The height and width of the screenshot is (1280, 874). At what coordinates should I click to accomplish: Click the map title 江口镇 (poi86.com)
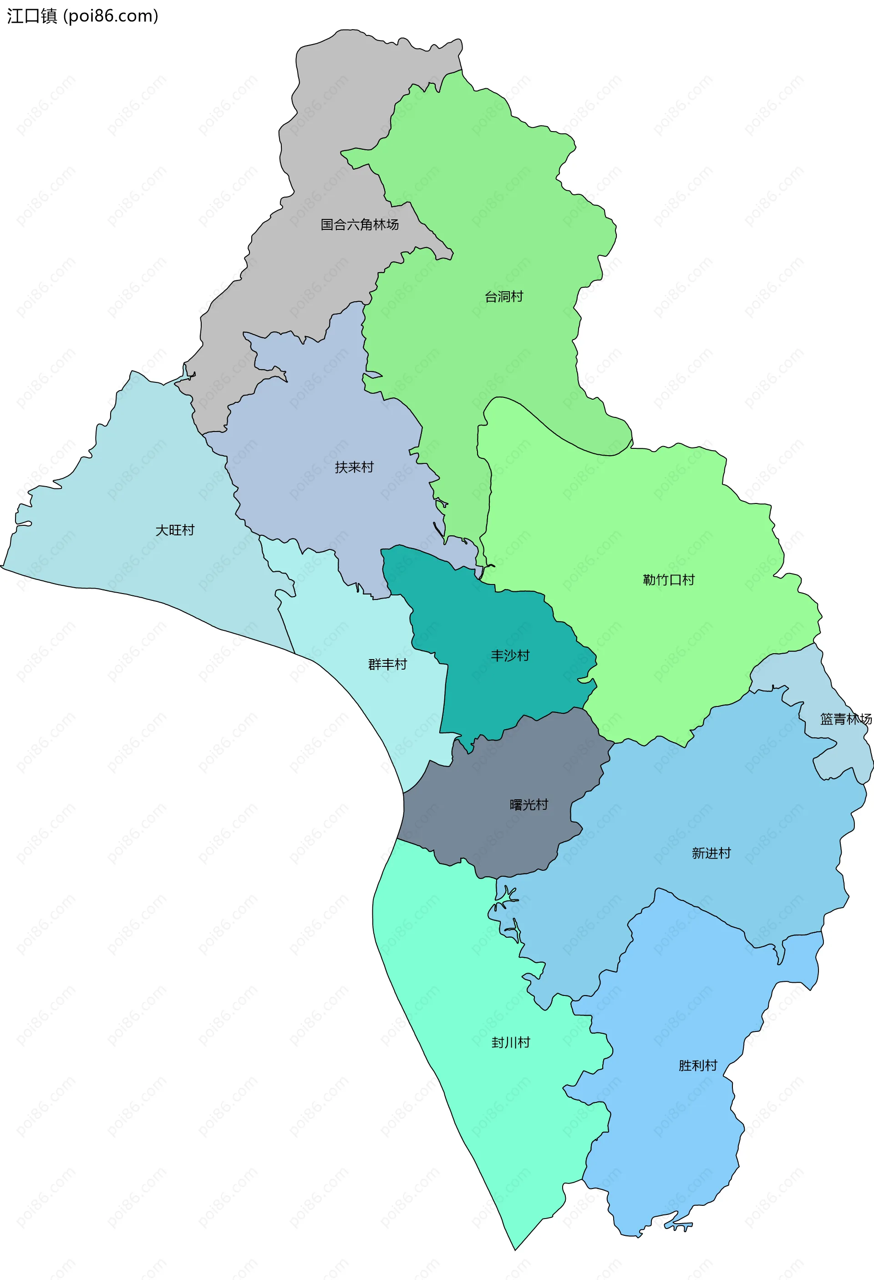pyautogui.click(x=82, y=16)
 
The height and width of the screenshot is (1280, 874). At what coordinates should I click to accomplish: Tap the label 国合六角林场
pyautogui.click(x=360, y=225)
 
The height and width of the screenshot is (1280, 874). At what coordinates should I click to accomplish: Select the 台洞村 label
pyautogui.click(x=503, y=297)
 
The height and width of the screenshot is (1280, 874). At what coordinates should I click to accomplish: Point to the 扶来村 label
pyautogui.click(x=354, y=467)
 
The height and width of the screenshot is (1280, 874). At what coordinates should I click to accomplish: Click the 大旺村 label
pyautogui.click(x=175, y=530)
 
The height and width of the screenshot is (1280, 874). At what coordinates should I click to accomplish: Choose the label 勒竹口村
pyautogui.click(x=669, y=580)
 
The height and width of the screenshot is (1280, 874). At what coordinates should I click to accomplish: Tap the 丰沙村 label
pyautogui.click(x=510, y=656)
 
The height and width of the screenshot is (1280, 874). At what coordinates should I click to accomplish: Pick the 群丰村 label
pyautogui.click(x=387, y=665)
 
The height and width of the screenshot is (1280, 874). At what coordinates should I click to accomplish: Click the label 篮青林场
pyautogui.click(x=845, y=719)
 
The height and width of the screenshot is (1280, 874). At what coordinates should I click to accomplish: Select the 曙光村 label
pyautogui.click(x=528, y=805)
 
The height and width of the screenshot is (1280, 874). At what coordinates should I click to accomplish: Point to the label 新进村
pyautogui.click(x=711, y=853)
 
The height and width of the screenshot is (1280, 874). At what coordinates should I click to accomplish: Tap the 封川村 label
pyautogui.click(x=511, y=1042)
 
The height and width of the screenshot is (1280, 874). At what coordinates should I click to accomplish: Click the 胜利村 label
pyautogui.click(x=698, y=1066)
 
